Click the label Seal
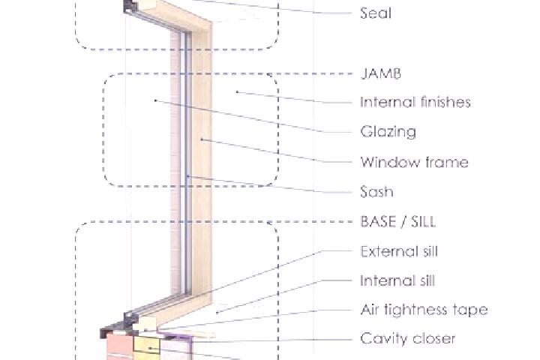pos(376,13)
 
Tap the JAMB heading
pos(381,73)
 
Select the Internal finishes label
pos(415,102)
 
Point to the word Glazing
pos(388,132)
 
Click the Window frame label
pos(414,162)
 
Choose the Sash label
pos(376,192)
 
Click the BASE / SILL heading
pos(397,221)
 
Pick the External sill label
pos(399,251)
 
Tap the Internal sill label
pos(397,280)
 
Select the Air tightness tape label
pos(424,310)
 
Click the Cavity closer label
pos(408,339)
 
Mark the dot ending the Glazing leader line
pos(155,100)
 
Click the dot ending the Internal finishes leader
pos(237,92)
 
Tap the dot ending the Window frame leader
pos(202,139)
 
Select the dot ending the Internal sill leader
pos(217,313)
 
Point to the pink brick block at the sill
pos(119,346)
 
